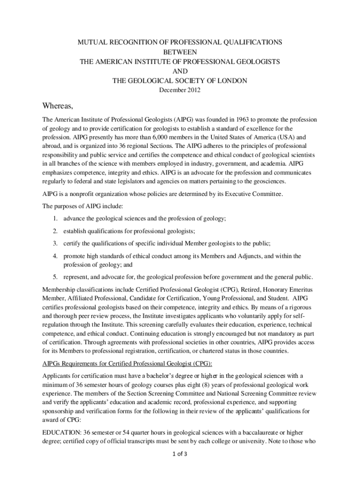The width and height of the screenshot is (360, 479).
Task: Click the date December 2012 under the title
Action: point(180,90)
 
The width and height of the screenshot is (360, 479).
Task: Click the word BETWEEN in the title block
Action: point(180,52)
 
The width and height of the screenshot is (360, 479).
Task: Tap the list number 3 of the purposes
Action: point(55,243)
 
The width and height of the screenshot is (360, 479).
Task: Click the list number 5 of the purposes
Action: point(55,276)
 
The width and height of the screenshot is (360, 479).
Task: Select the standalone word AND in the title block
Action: point(180,71)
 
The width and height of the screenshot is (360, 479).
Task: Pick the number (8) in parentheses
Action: point(192,384)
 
